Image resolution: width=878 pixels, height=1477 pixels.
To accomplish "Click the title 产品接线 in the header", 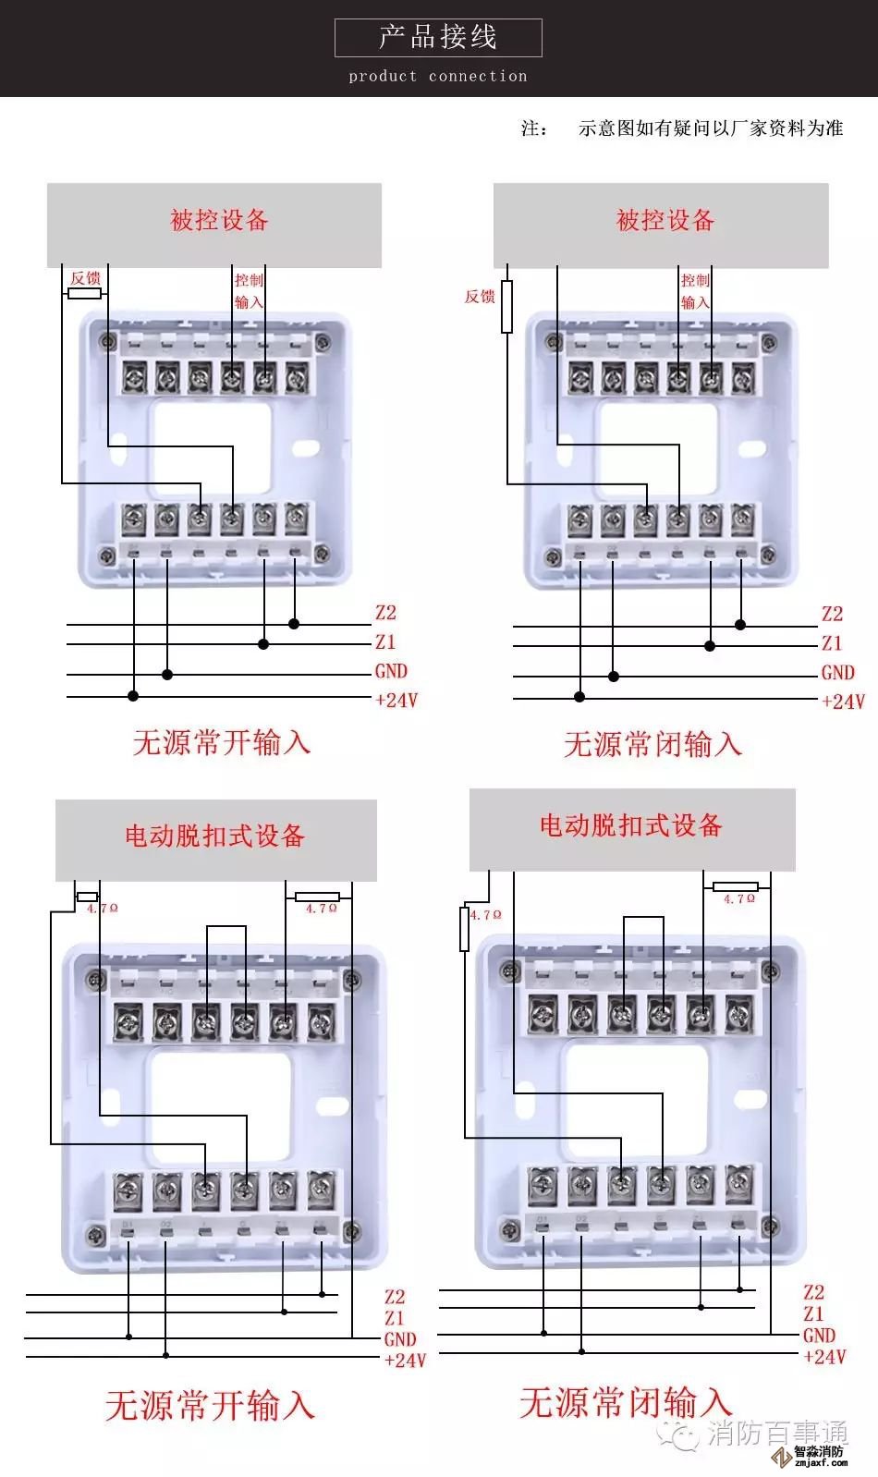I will tap(437, 37).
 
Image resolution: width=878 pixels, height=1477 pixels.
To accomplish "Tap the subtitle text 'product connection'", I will tap(437, 77).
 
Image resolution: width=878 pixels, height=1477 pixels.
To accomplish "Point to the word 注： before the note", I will tap(534, 128).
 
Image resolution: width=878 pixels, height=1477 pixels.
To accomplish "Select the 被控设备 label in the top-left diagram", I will tap(219, 220).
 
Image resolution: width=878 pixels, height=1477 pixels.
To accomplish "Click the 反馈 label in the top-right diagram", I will tap(480, 297).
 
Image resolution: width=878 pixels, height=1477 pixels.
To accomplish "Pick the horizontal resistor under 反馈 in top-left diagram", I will tap(85, 294).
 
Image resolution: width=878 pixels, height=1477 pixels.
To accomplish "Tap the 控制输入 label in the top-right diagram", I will tap(695, 291).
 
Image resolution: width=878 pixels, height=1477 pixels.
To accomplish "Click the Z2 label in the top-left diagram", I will tap(385, 613).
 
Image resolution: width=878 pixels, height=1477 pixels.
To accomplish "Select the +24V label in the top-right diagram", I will tap(843, 702).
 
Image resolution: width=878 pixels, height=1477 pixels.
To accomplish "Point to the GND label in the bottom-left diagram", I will tap(400, 1339).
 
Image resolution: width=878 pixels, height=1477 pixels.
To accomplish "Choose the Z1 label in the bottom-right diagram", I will tap(813, 1313).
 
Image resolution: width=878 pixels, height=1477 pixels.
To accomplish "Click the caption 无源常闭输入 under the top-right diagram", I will tap(652, 744).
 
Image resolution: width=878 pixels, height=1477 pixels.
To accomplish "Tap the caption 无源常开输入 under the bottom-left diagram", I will tap(210, 1406).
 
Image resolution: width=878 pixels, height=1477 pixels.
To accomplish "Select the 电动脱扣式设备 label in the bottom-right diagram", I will tap(631, 825).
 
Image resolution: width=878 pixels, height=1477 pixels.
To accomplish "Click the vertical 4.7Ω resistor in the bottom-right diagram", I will tap(464, 929).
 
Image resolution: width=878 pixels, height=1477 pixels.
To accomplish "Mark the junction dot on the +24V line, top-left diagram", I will tap(133, 695).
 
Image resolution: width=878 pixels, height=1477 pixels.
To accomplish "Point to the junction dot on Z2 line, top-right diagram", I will tap(740, 625).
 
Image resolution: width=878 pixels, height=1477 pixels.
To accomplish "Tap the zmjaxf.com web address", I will tap(820, 1463).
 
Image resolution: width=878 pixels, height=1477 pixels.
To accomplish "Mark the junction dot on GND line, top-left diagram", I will tap(167, 675).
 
